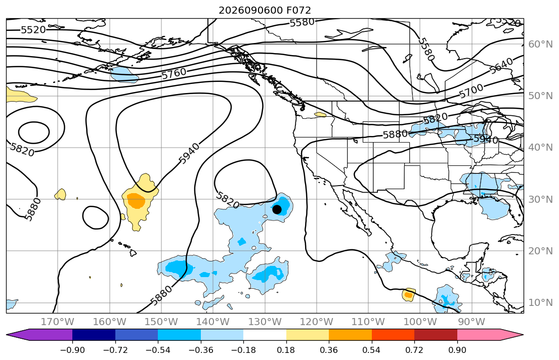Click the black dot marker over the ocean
(277, 210)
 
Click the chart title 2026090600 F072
(265, 10)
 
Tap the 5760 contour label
(174, 74)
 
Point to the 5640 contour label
(501, 66)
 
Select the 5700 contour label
(471, 91)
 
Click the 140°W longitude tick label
(213, 322)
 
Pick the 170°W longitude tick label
(58, 322)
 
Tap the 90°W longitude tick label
(471, 322)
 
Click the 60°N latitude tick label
(540, 44)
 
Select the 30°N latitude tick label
(540, 199)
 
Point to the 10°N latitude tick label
(540, 303)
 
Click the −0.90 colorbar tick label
(72, 350)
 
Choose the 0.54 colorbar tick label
(371, 350)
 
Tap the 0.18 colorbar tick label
(286, 350)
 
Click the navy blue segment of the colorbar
(94, 335)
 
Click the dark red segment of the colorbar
(436, 335)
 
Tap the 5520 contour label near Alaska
(33, 30)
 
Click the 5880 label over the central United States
(395, 134)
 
